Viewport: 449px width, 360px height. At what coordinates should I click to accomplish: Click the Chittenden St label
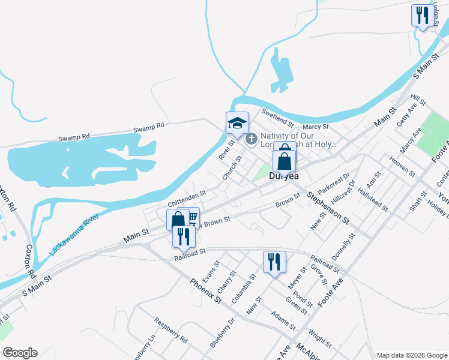pos(187,195)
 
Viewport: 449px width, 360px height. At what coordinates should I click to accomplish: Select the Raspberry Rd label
pos(171,331)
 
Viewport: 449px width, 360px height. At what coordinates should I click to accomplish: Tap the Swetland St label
pos(277,118)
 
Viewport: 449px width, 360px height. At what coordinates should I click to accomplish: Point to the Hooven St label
pos(402,164)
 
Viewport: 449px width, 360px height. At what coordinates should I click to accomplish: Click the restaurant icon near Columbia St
pos(274,262)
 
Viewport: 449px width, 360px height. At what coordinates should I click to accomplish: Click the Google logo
pos(20,352)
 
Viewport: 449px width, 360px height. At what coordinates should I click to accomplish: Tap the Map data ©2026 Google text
pos(412,355)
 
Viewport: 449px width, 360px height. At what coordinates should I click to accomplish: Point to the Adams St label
pos(283,320)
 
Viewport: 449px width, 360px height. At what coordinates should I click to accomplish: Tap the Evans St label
pos(208,272)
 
